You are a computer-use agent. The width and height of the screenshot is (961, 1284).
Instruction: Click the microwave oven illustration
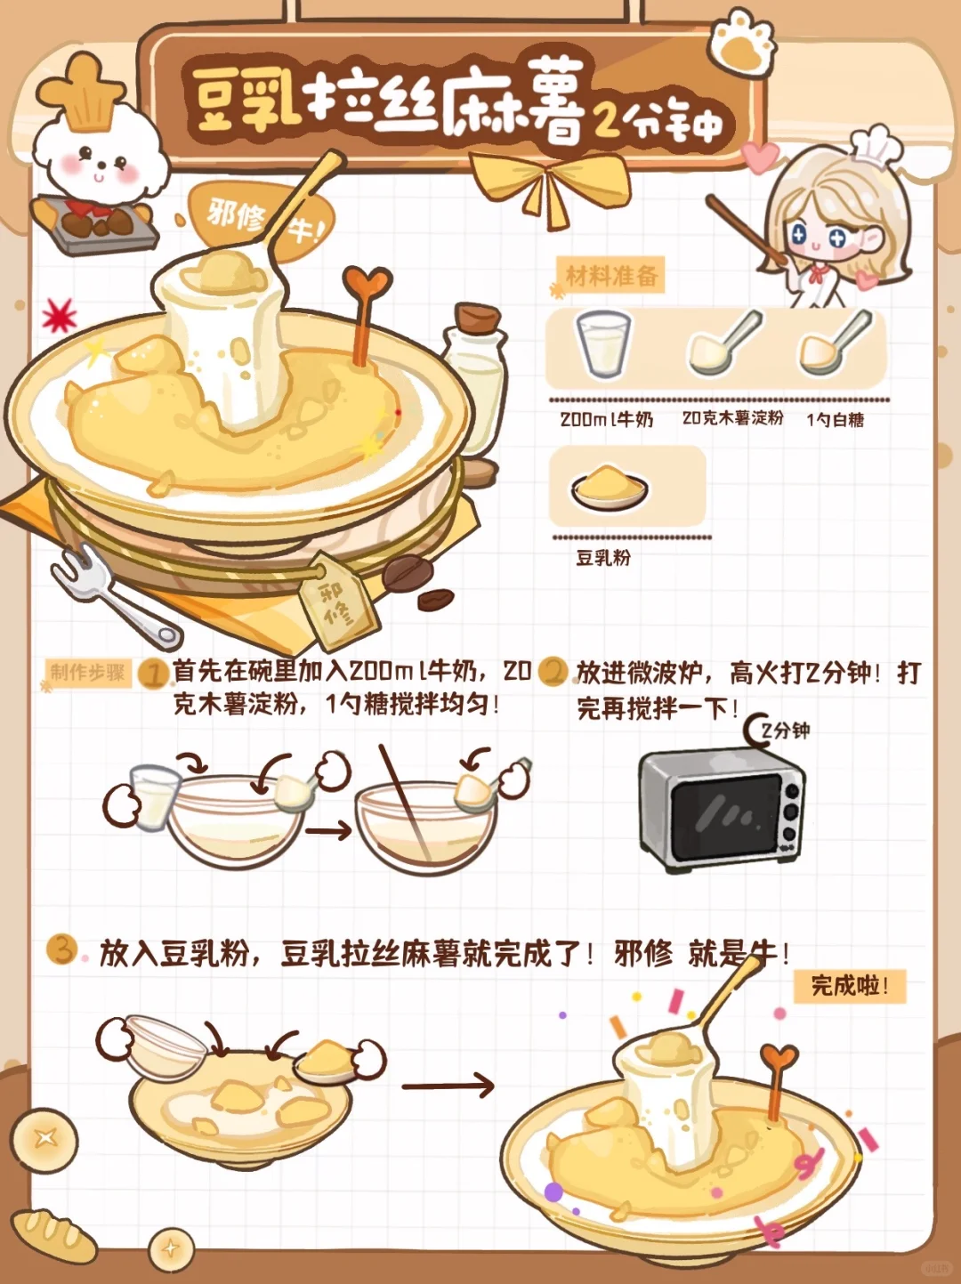pyautogui.click(x=722, y=810)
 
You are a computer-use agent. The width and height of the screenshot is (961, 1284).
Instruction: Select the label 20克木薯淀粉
pyautogui.click(x=732, y=418)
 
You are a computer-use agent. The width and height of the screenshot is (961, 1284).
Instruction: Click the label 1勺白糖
pyautogui.click(x=835, y=419)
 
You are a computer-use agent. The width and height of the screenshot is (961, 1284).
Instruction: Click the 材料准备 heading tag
pyautogui.click(x=611, y=275)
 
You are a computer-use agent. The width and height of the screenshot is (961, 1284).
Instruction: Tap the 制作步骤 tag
pyautogui.click(x=88, y=673)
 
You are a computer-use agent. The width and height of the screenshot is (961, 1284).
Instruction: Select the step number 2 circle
pyautogui.click(x=553, y=672)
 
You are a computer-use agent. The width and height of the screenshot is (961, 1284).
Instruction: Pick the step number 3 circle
pyautogui.click(x=62, y=949)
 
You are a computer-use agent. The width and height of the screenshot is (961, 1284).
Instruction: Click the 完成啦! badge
pyautogui.click(x=849, y=987)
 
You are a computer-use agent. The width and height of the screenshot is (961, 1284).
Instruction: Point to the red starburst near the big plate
pyautogui.click(x=59, y=315)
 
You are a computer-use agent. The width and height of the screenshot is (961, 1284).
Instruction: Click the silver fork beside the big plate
pyautogui.click(x=113, y=598)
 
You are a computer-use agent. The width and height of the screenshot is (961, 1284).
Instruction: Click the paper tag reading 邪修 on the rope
pyautogui.click(x=336, y=602)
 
